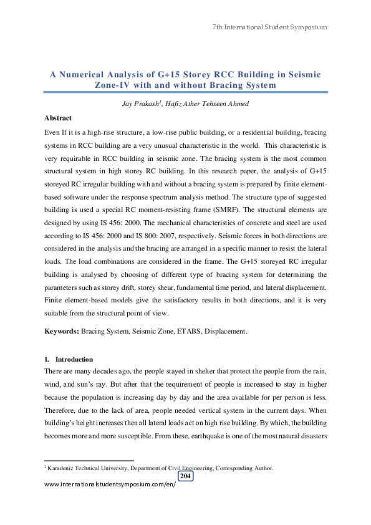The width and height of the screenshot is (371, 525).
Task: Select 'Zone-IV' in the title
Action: click(114, 85)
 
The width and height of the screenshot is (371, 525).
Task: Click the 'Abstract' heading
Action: click(58, 118)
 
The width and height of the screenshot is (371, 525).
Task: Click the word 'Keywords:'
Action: click(62, 332)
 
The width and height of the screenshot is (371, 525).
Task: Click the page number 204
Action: click(185, 476)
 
